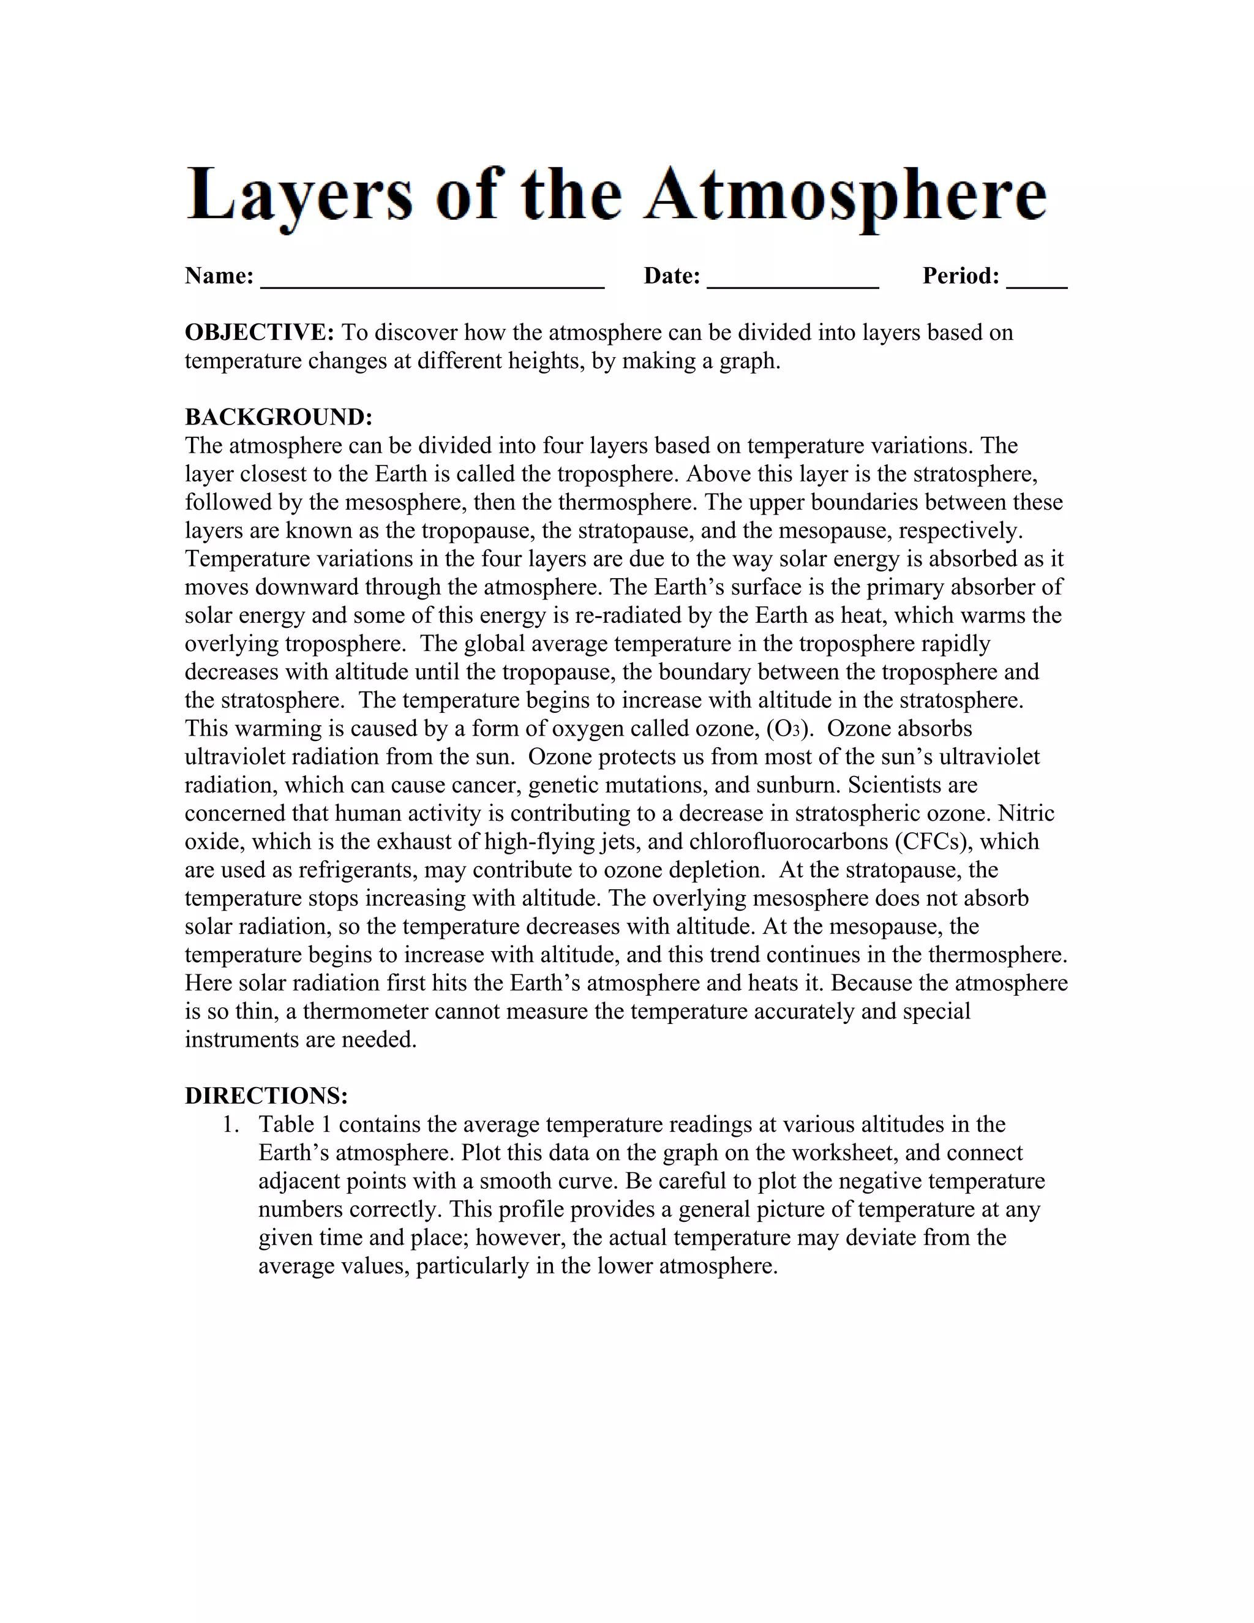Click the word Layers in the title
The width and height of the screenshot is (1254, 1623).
[298, 195]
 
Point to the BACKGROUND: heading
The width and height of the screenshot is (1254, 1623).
[279, 417]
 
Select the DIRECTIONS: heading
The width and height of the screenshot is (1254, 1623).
[266, 1096]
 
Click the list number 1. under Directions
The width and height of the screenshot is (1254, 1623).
[231, 1124]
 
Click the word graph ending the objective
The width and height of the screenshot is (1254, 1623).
[748, 361]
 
